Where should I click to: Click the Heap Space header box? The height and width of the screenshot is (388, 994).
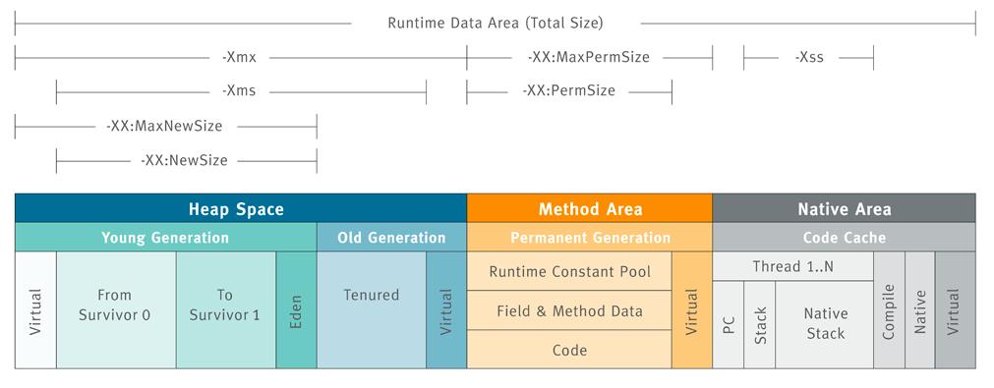pos(240,208)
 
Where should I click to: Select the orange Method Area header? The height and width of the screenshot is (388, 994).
pos(589,208)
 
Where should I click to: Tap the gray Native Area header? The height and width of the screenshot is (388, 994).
pos(844,208)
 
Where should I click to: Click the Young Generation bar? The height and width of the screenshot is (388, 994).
pos(165,238)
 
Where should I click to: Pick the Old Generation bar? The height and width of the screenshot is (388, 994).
pos(391,238)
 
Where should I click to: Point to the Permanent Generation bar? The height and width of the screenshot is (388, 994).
pos(589,238)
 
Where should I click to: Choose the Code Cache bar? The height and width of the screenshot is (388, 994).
pos(844,238)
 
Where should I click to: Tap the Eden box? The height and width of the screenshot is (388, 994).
pos(296,310)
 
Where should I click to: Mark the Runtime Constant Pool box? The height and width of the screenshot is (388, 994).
pos(569,271)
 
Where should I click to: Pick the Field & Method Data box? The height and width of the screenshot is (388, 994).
pos(569,310)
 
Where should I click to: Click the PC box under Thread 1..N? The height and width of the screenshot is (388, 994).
pos(728,324)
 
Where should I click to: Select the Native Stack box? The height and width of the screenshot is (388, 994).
pos(824,324)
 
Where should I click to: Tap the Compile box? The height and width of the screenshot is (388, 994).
pos(889,310)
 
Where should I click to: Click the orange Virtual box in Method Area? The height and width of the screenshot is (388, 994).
pos(691,310)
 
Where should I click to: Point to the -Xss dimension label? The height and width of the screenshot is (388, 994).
pos(808,57)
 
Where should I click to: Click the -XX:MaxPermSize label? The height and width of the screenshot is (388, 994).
pos(588,57)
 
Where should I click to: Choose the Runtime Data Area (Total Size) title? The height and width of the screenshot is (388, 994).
pos(495,22)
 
